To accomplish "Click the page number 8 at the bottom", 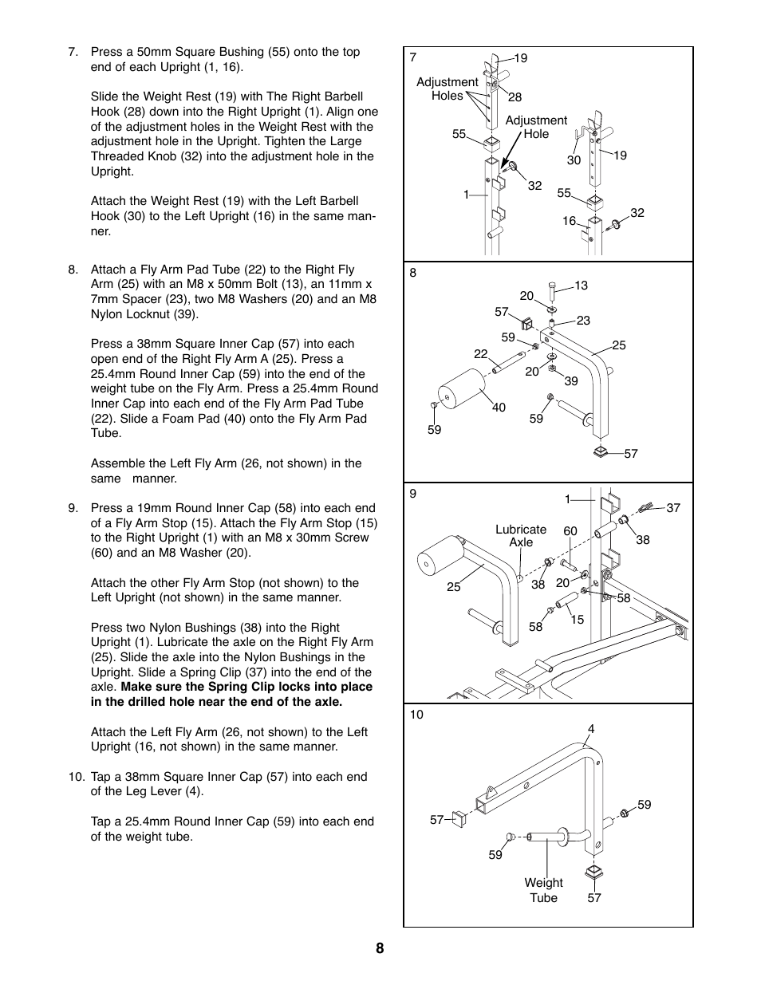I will (380, 948).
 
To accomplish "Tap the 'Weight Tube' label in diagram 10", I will (543, 890).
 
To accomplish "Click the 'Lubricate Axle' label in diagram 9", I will (521, 536).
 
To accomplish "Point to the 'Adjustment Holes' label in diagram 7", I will (448, 89).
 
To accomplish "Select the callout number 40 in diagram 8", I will (499, 408).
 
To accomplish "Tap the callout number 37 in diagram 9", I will (673, 508).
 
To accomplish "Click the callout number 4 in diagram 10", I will (591, 729).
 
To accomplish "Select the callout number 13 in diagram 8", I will (580, 286).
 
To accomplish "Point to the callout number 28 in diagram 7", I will (515, 97).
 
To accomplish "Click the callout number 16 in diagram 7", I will (569, 221).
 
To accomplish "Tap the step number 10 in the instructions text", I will (76, 777).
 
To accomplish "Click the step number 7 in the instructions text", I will (73, 53).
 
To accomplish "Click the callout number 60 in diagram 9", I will (570, 531).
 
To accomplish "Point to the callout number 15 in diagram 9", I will (578, 620).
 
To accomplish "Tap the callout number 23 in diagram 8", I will (583, 321).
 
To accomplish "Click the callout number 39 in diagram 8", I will (570, 381).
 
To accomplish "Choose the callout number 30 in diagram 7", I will (574, 160).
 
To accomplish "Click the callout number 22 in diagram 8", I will (480, 354).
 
